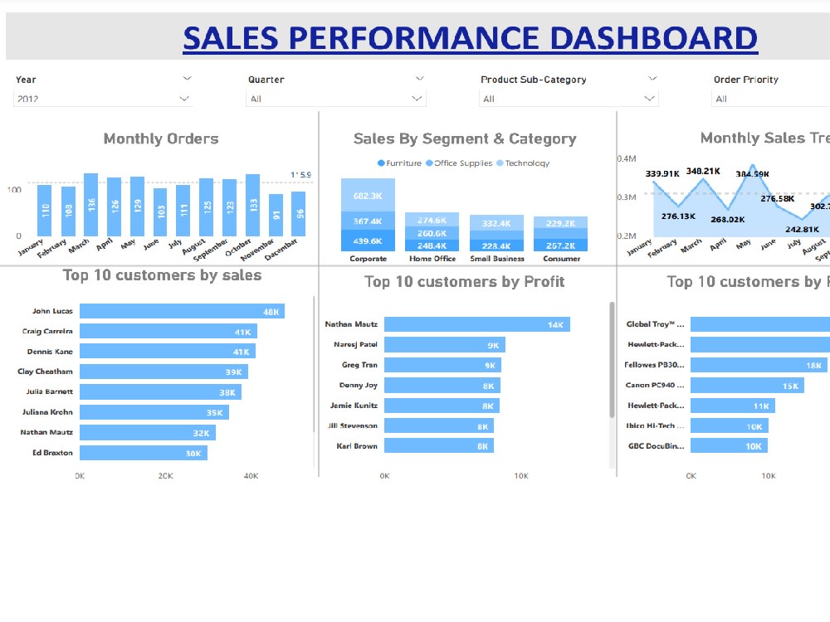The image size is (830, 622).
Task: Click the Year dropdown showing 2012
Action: [x=103, y=99]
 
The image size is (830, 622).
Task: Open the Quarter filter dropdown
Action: [x=336, y=99]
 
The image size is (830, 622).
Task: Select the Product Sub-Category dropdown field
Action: [x=569, y=99]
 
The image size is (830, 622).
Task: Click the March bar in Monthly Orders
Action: [x=91, y=205]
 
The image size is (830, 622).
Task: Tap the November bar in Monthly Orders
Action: [x=276, y=216]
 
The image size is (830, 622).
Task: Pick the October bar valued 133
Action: [x=252, y=206]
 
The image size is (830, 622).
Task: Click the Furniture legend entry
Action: [x=399, y=163]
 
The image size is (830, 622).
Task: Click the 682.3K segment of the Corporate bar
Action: [x=368, y=196]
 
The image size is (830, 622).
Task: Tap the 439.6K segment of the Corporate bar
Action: [x=368, y=241]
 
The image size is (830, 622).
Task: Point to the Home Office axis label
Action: [x=432, y=259]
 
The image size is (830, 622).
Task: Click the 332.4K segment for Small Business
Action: [x=496, y=223]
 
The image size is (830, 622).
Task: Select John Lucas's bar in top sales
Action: [x=182, y=311]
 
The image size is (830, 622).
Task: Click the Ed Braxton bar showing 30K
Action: [x=143, y=453]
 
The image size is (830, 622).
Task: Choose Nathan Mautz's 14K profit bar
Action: [x=476, y=324]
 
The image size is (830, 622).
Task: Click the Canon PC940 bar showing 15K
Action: [x=747, y=386]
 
